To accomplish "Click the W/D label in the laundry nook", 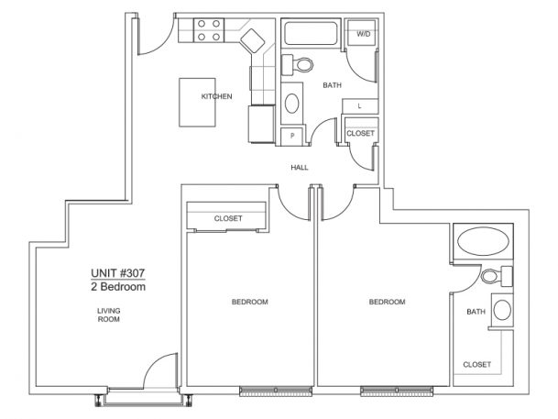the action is tap(364, 34).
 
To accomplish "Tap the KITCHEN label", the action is tap(216, 96).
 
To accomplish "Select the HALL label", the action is tap(300, 167).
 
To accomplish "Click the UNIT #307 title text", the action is tap(118, 273).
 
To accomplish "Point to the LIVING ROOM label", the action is tap(109, 315).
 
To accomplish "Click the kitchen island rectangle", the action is tap(197, 102).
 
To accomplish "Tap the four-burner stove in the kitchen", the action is tap(209, 30).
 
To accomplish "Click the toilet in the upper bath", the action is tap(298, 65).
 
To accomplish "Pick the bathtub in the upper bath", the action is tap(311, 33).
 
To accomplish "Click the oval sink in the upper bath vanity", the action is tap(291, 104).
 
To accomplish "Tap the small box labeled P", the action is tap(292, 136).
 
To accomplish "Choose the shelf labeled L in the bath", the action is tap(360, 106).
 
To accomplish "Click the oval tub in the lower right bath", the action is tap(483, 241).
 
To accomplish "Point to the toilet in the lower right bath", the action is tap(497, 276).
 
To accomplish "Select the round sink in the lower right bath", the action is tap(502, 310).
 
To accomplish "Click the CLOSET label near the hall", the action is tap(360, 133).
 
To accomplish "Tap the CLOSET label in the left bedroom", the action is tap(228, 218).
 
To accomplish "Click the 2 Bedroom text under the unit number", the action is tap(118, 287).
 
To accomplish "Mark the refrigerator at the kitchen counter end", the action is tap(262, 124).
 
